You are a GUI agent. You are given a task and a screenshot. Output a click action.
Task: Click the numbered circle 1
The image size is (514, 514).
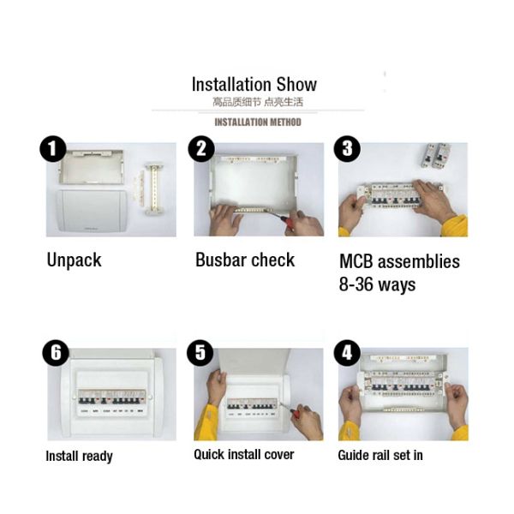tap(53, 149)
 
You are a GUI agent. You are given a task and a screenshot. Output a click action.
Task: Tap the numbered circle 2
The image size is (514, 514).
tap(201, 149)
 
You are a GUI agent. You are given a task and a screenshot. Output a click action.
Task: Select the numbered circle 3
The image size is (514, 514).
tap(347, 149)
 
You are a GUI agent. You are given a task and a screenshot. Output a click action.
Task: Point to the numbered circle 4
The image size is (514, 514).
tap(347, 353)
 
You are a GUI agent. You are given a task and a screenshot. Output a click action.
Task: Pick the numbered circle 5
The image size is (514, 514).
tap(200, 353)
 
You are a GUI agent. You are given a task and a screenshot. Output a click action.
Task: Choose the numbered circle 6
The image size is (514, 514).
tap(56, 353)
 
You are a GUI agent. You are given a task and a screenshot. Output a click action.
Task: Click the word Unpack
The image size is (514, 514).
tap(74, 260)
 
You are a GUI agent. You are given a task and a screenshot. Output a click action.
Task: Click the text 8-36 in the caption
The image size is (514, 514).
tap(356, 284)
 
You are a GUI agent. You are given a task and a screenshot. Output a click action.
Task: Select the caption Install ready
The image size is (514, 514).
tap(79, 457)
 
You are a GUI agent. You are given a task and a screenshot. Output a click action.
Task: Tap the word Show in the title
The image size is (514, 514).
tap(296, 84)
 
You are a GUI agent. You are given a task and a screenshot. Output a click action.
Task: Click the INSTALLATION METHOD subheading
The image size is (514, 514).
tap(258, 123)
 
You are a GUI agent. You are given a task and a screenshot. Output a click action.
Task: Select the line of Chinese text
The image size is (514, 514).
tap(258, 102)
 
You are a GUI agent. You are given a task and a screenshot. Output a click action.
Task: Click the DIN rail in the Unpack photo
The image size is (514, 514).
tap(153, 188)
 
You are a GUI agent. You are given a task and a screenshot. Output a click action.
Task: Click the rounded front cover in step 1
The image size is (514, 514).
tap(91, 211)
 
